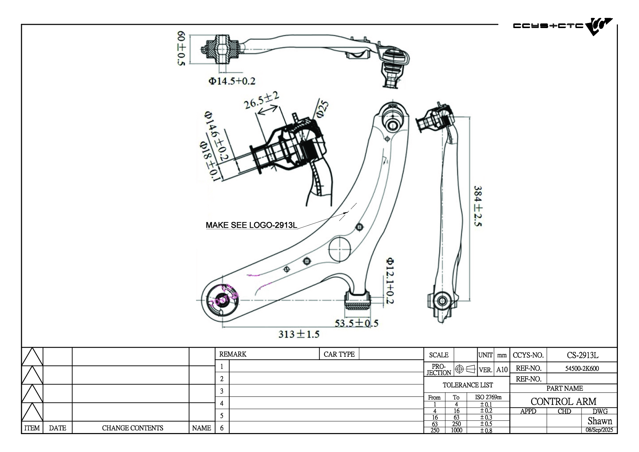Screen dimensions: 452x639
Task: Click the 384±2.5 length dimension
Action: click(x=478, y=206)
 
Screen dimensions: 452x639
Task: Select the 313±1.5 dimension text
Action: click(x=299, y=334)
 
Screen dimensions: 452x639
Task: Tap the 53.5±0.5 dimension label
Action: click(x=356, y=323)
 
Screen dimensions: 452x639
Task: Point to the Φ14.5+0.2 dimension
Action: click(x=232, y=81)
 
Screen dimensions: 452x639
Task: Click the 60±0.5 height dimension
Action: click(x=181, y=48)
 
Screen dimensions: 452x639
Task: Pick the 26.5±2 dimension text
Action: click(x=261, y=100)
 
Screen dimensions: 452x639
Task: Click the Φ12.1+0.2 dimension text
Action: click(x=390, y=281)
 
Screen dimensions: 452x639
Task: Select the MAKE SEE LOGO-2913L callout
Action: click(x=251, y=225)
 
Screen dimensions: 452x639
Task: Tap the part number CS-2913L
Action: click(x=582, y=355)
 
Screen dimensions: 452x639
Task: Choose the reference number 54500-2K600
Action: click(x=582, y=368)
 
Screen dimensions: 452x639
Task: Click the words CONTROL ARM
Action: click(x=563, y=401)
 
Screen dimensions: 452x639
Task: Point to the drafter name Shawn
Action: click(x=600, y=421)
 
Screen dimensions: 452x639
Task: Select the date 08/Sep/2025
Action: click(x=599, y=430)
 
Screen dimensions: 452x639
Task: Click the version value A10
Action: click(x=502, y=370)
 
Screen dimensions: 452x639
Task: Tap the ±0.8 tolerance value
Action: click(x=486, y=430)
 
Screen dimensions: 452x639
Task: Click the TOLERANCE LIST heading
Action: click(x=467, y=385)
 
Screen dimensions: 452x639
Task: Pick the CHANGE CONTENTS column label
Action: click(x=132, y=428)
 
